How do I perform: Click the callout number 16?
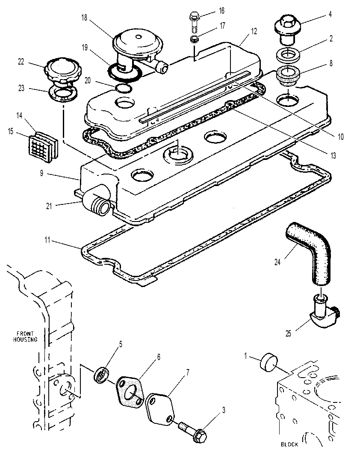221,11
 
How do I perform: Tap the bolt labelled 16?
194,23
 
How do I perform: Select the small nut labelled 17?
194,39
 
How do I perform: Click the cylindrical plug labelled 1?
269,361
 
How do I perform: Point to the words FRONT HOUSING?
25,337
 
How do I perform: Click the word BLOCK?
289,444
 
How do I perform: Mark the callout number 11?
47,239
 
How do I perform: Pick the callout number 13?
333,156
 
